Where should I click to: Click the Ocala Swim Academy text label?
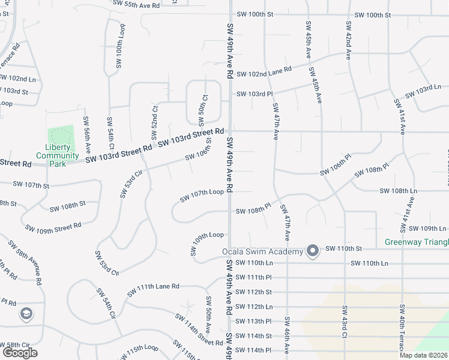point(262,251)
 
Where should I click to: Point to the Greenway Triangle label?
point(417,242)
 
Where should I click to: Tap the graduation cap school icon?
point(26,313)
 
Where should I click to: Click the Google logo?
point(20,353)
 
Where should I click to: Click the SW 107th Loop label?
point(202,195)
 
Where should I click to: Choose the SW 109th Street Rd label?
point(53,227)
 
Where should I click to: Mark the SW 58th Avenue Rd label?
point(25,262)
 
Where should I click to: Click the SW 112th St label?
point(254,292)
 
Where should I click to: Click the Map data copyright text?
point(423,355)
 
